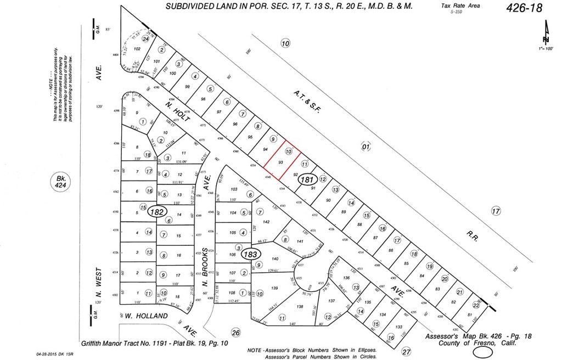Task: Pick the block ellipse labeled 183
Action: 251,254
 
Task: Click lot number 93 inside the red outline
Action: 280,163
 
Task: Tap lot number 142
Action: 267,222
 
